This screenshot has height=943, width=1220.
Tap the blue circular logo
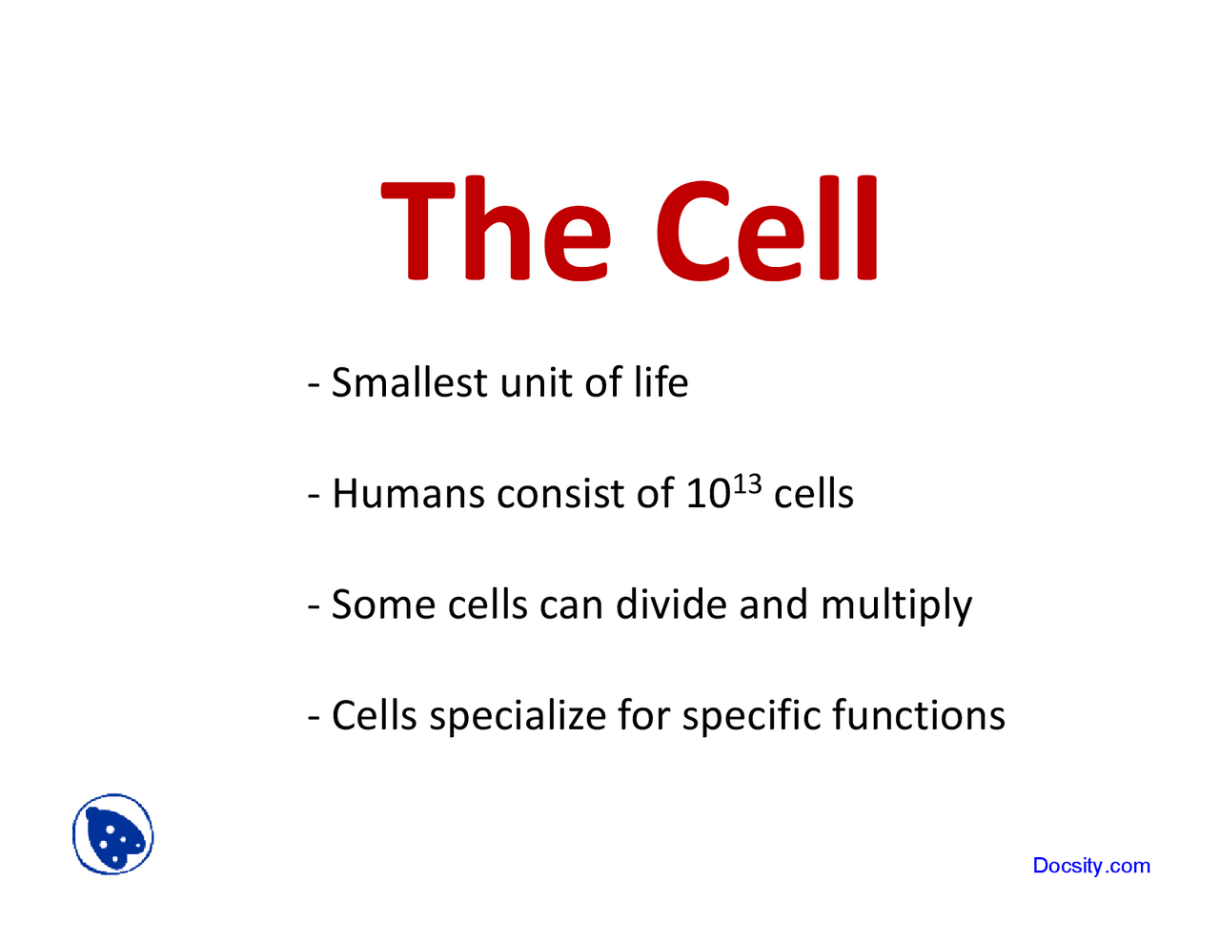click(113, 834)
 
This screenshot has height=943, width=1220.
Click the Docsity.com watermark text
click(1091, 866)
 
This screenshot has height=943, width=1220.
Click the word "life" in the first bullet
click(661, 383)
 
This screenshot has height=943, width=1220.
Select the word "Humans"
click(408, 494)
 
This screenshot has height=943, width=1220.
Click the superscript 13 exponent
click(747, 483)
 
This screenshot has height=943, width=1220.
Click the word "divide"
click(671, 605)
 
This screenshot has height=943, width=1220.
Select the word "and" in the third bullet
click(773, 605)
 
